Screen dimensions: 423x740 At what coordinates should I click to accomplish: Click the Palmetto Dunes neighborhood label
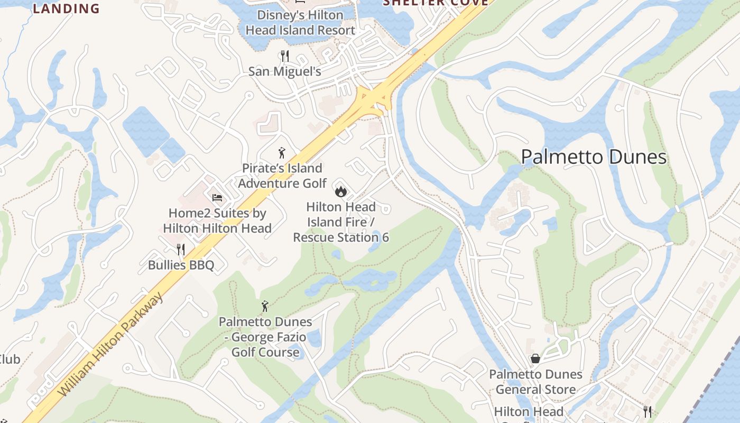pyautogui.click(x=594, y=157)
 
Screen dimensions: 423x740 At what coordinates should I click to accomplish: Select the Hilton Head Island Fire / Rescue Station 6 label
pyautogui.click(x=341, y=222)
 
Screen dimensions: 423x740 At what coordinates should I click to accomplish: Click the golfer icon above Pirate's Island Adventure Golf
pyautogui.click(x=282, y=153)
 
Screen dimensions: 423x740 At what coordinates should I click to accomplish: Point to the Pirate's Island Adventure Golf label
pyautogui.click(x=282, y=176)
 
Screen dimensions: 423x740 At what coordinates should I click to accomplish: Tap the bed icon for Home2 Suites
pyautogui.click(x=217, y=198)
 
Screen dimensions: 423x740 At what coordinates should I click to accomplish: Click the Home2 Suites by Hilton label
pyautogui.click(x=217, y=221)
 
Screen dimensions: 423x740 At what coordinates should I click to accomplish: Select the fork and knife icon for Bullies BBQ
pyautogui.click(x=181, y=249)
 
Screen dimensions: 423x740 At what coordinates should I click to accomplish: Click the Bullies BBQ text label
pyautogui.click(x=181, y=265)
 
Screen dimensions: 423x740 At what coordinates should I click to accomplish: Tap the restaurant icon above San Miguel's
pyautogui.click(x=285, y=56)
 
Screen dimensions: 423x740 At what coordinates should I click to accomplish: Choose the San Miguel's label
pyautogui.click(x=285, y=71)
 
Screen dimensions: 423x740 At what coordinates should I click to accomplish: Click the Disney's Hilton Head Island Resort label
pyautogui.click(x=300, y=23)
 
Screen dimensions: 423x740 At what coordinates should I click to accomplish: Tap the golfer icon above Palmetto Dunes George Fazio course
pyautogui.click(x=265, y=306)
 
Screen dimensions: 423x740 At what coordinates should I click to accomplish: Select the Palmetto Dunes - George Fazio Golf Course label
pyautogui.click(x=265, y=337)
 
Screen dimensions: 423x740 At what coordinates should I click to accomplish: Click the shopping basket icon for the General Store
pyautogui.click(x=535, y=358)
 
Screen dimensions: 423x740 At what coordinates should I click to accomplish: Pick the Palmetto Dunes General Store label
pyautogui.click(x=535, y=382)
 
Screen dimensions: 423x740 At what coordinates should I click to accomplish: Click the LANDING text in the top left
pyautogui.click(x=66, y=8)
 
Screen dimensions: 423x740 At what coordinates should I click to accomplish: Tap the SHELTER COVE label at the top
pyautogui.click(x=435, y=3)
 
